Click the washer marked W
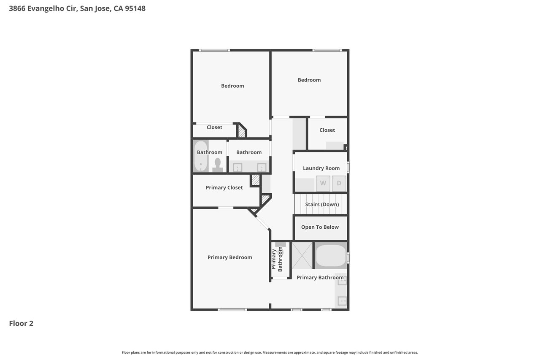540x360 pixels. [323, 183]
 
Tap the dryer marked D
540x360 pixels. [339, 183]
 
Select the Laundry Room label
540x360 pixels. [321, 168]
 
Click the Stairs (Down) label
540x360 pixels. [322, 204]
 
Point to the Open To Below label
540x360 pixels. [320, 227]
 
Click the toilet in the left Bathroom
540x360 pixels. [217, 165]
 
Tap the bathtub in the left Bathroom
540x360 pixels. [201, 156]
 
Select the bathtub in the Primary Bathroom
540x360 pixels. [331, 256]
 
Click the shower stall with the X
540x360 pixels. [302, 256]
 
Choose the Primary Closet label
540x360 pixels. [224, 187]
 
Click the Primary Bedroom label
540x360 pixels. [230, 257]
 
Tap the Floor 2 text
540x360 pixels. [21, 323]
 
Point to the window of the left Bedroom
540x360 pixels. [214, 50]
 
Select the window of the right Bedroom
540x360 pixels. [327, 50]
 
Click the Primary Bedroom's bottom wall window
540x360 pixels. [232, 310]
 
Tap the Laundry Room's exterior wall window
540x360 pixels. [348, 167]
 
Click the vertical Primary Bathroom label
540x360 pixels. [276, 259]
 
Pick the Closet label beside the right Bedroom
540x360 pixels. [327, 130]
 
